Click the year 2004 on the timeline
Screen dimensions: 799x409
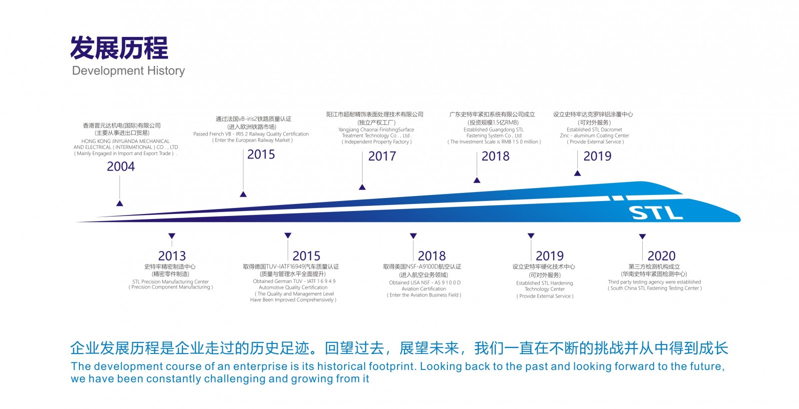(x=121, y=166)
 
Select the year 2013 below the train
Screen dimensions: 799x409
(x=172, y=256)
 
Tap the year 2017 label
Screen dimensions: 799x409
(x=382, y=156)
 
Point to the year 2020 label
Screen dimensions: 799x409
(x=662, y=256)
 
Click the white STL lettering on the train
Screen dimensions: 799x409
(x=656, y=213)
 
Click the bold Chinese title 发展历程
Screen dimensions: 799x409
(x=119, y=48)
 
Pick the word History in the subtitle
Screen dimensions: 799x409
(x=166, y=70)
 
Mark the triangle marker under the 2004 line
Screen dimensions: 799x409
(x=120, y=203)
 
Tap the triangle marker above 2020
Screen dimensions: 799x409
(x=642, y=236)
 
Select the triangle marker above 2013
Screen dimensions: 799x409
(x=172, y=236)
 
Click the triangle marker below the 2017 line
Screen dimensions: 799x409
(x=362, y=187)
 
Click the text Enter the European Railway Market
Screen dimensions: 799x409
(x=253, y=140)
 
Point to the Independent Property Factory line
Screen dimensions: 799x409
(x=377, y=142)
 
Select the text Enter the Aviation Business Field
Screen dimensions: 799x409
(x=424, y=295)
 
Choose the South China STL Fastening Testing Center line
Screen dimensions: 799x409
(x=655, y=288)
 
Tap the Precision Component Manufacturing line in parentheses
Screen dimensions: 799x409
(x=171, y=287)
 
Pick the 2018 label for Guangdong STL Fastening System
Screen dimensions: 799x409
(x=495, y=156)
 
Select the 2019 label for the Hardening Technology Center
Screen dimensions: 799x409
(x=550, y=256)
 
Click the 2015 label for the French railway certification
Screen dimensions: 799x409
(x=261, y=154)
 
